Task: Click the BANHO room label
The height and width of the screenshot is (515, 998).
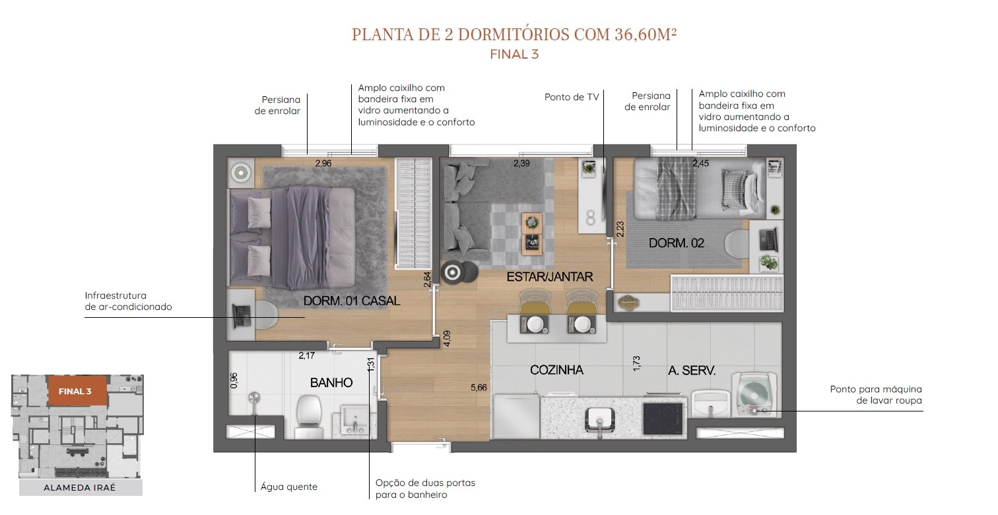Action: click(331, 382)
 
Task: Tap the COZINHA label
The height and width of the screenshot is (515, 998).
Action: click(556, 370)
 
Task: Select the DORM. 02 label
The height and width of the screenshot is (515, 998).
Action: click(677, 243)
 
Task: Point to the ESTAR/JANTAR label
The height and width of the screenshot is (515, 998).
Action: click(550, 277)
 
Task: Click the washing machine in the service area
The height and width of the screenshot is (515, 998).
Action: click(754, 395)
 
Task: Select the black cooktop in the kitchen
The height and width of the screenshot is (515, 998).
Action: click(663, 419)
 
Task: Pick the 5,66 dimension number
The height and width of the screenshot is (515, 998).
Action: click(479, 388)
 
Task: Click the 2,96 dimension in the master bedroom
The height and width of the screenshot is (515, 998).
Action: click(323, 164)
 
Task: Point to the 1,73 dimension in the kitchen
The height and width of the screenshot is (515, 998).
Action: click(636, 363)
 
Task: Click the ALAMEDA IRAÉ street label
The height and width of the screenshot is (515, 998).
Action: click(80, 487)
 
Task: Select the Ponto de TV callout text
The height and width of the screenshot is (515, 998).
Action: click(572, 97)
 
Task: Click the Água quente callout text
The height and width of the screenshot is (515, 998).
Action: click(288, 487)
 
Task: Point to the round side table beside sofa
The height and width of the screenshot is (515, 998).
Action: click(453, 272)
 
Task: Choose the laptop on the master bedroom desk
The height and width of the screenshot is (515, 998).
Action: click(240, 316)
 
